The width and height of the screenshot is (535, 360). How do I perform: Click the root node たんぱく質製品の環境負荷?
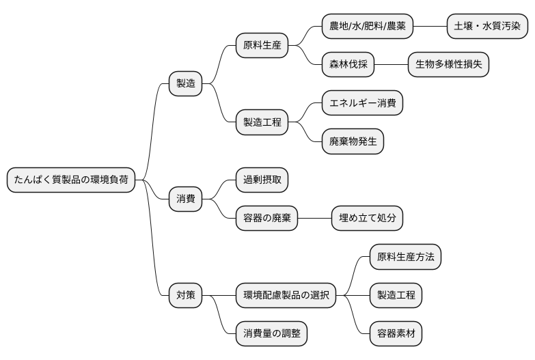[x=70, y=180]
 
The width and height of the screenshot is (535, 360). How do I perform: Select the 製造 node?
[x=186, y=83]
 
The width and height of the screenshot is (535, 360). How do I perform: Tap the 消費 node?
[x=186, y=199]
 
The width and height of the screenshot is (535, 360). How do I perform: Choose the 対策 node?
[x=186, y=296]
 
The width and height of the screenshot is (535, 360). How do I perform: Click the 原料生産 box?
[x=262, y=46]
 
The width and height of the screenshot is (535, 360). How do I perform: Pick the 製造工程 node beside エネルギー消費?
[x=262, y=123]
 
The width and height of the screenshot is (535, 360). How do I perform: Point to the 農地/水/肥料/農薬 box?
[x=368, y=27]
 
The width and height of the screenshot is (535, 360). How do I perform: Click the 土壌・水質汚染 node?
[x=487, y=27]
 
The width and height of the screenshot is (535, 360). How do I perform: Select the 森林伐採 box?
[x=348, y=65]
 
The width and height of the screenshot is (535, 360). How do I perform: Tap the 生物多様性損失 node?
[x=448, y=65]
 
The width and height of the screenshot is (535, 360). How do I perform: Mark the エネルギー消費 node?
[x=362, y=103]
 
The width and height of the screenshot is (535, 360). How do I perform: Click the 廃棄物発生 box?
[x=353, y=142]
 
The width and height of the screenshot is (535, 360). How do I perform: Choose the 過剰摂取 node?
[x=262, y=180]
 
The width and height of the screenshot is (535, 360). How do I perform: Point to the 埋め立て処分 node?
[x=367, y=219]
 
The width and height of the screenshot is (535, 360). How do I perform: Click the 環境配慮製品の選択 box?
[x=286, y=296]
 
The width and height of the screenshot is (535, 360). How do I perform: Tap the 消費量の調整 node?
[x=271, y=334]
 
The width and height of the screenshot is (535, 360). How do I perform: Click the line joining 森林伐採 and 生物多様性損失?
[x=391, y=65]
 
